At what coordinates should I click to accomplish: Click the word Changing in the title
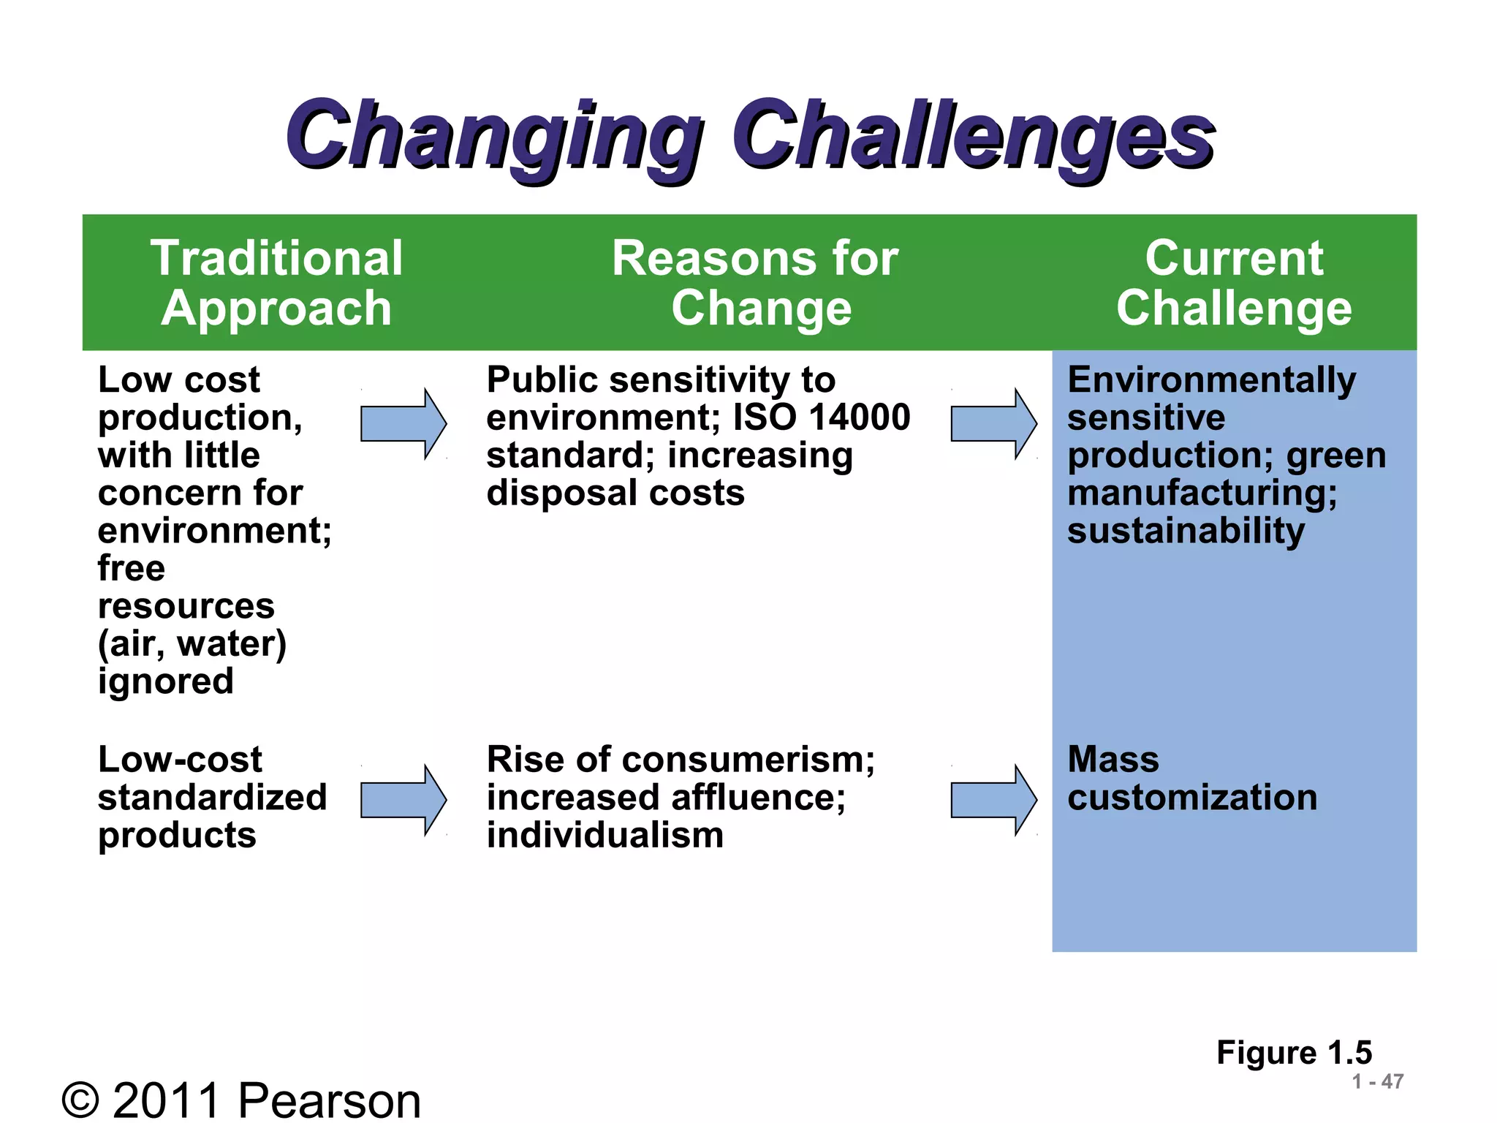[493, 137]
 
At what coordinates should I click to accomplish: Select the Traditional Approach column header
[276, 283]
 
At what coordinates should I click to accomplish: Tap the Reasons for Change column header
[756, 283]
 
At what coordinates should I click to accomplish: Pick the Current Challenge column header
[1234, 283]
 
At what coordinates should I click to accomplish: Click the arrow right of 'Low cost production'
[403, 424]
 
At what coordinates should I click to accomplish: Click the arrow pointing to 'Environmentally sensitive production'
[993, 424]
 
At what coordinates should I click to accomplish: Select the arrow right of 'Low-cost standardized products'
[403, 801]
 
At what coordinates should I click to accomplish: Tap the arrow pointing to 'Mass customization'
[993, 801]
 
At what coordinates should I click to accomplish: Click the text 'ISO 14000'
[822, 417]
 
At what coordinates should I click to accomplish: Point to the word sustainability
[1186, 531]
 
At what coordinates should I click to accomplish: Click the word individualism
[605, 836]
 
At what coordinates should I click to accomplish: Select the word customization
[1192, 798]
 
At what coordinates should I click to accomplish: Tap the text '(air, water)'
[192, 644]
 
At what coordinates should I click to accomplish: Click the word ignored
[166, 681]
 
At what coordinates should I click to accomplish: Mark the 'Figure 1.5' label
[1294, 1053]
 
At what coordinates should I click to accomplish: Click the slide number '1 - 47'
[1377, 1081]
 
